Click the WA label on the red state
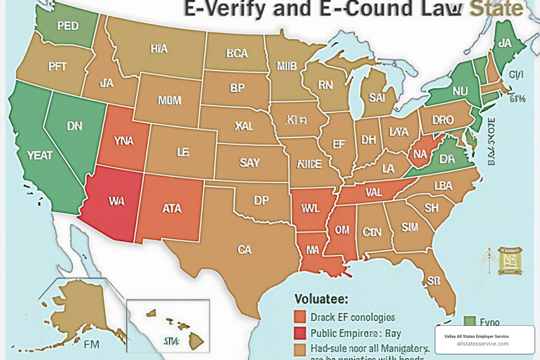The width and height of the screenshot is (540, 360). (x=116, y=201)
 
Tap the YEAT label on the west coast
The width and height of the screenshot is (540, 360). (x=40, y=155)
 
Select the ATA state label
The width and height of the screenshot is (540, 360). (x=172, y=208)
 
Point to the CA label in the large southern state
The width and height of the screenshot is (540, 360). (x=244, y=250)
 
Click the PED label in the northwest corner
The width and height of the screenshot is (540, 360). (x=68, y=26)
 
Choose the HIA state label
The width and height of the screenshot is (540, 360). (x=159, y=49)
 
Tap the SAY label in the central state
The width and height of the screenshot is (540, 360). (x=249, y=162)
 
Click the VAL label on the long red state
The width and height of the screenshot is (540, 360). (x=373, y=192)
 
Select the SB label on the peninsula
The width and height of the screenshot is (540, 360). (x=433, y=280)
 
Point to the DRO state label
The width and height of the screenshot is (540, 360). (x=443, y=120)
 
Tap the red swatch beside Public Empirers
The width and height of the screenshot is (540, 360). (x=300, y=333)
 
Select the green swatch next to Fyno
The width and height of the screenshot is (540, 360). (x=470, y=321)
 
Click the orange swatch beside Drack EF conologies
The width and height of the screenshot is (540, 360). (x=300, y=317)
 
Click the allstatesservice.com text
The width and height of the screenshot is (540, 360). (x=482, y=344)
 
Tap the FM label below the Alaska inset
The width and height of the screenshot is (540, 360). (x=91, y=344)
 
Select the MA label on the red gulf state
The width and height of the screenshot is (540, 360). (x=312, y=250)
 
